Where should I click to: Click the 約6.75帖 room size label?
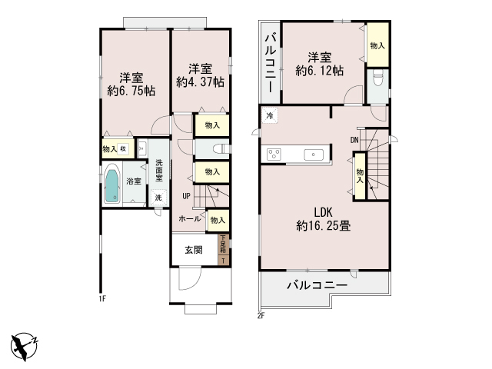131,91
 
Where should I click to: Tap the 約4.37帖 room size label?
200,81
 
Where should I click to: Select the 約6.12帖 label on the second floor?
320,71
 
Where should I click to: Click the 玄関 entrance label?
193,249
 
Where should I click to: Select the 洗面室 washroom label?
159,169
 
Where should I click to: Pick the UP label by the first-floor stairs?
186,195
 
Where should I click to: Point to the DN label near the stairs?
354,140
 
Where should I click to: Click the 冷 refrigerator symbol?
270,116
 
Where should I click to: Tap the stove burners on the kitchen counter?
275,155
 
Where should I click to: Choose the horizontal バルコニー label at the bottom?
317,286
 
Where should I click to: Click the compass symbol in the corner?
25,344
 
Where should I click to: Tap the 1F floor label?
102,298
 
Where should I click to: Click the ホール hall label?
190,219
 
